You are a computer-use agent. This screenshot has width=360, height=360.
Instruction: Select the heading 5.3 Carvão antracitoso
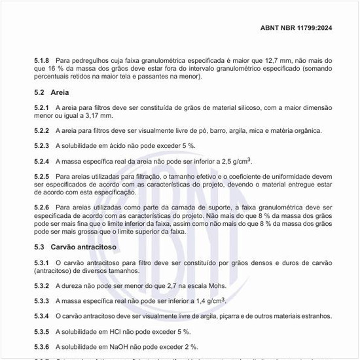(x=76, y=247)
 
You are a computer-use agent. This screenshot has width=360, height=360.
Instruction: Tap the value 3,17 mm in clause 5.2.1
(x=101, y=115)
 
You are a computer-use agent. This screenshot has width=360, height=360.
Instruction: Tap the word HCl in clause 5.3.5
(x=114, y=332)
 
